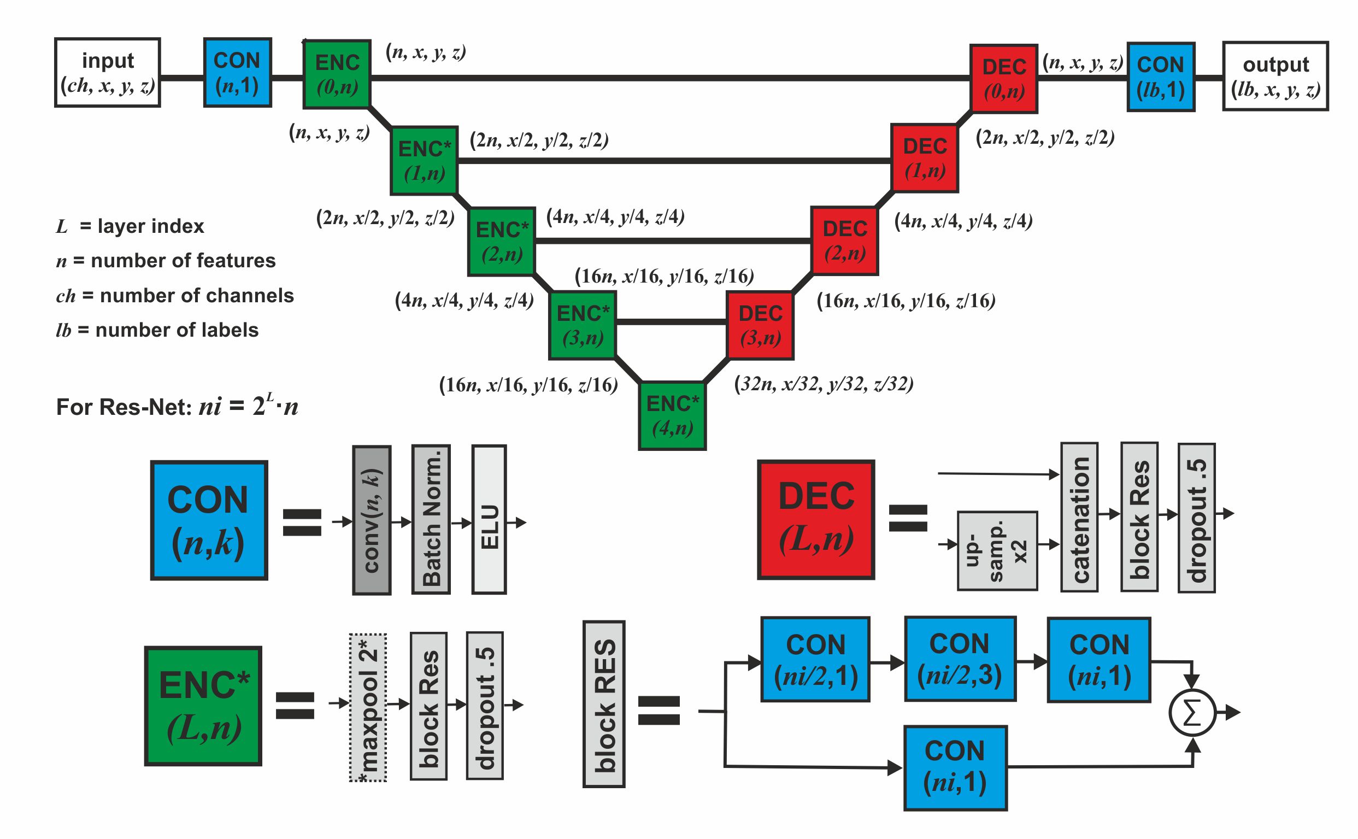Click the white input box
pos(108,73)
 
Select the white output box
pos(1275,76)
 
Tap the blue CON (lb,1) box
pos(1161,77)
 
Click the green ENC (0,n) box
pos(337,74)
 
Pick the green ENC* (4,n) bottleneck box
pos(672,415)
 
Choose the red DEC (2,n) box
pos(844,241)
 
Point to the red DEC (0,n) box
pos(1003,79)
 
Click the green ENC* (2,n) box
pos(502,242)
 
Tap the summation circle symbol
pos(1191,713)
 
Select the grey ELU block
pos(489,519)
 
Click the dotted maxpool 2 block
pos(368,707)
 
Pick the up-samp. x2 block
pos(997,550)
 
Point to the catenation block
pos(1079,517)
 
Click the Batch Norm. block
pos(431,519)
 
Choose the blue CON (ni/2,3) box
pos(960,659)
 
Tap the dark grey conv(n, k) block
pos(372,520)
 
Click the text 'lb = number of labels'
pos(157,330)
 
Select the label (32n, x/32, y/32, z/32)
pos(824,384)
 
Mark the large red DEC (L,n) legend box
pos(815,519)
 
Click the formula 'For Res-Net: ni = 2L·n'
pos(178,407)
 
